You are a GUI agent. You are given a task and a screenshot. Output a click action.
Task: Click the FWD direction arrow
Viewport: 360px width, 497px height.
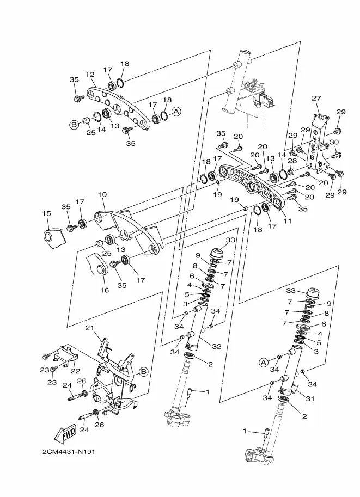tap(66, 434)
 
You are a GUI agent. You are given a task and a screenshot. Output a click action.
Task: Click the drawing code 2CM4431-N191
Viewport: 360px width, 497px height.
tap(69, 451)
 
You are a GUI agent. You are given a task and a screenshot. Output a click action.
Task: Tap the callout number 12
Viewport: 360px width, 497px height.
tap(90, 75)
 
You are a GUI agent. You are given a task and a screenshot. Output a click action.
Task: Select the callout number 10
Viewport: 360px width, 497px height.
tap(102, 194)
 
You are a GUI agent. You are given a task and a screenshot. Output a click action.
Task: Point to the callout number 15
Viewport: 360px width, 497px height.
tap(46, 213)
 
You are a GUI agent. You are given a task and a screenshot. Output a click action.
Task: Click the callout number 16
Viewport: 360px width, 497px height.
tap(105, 290)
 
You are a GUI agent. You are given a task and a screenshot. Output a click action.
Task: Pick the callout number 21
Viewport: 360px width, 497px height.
tap(90, 327)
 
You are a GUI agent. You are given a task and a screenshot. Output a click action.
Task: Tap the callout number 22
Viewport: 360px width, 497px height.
tap(75, 371)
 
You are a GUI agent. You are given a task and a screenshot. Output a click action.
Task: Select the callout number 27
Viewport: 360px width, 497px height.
tap(316, 99)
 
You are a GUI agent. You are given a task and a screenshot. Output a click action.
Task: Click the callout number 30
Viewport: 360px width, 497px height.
tap(334, 142)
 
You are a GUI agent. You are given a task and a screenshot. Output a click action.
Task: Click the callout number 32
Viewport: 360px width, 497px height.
tap(217, 346)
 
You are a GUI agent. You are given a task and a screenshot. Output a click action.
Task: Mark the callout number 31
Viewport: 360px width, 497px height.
tap(309, 398)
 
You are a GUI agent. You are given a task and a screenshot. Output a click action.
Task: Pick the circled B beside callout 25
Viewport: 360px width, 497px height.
tap(74, 125)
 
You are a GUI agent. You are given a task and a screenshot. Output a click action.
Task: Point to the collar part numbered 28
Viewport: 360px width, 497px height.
tap(290, 173)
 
